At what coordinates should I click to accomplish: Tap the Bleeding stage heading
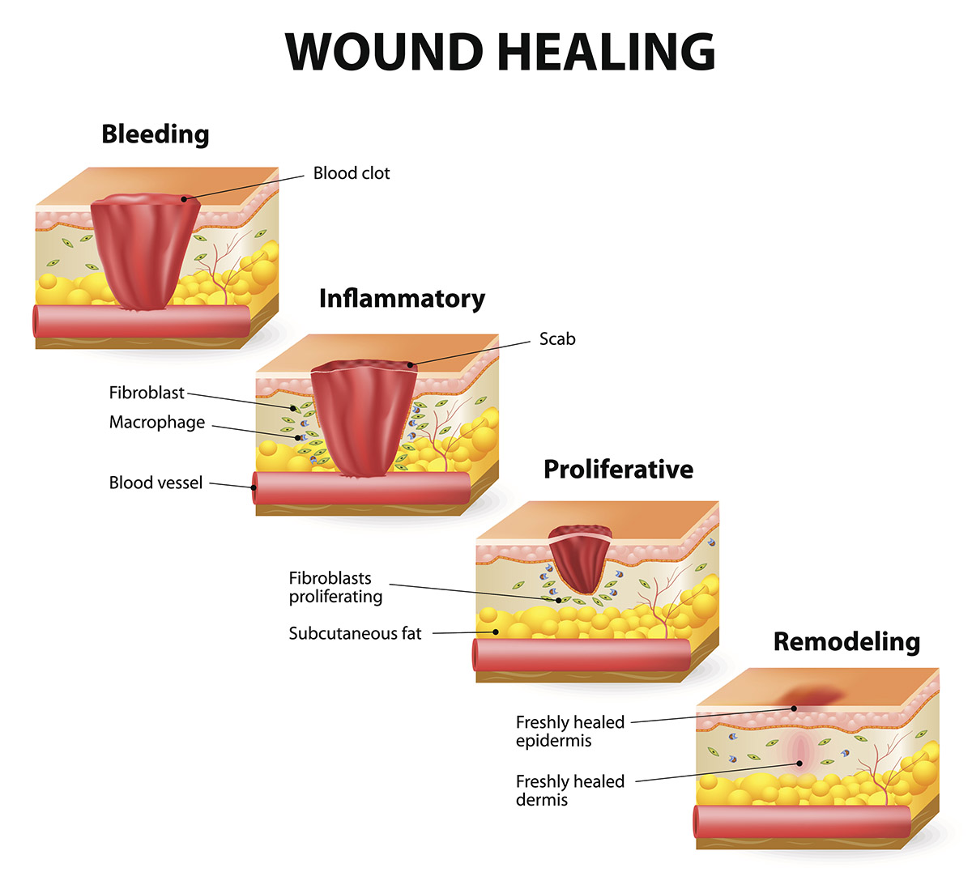pos(155,134)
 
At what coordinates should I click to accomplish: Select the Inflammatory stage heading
pos(402,298)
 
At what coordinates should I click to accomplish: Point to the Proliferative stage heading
pos(618,469)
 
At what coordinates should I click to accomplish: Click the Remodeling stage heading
pos(846,641)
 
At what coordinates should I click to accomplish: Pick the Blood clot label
pos(352,173)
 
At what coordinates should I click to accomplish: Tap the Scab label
pos(557,339)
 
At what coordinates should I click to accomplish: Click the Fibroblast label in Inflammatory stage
pos(147,393)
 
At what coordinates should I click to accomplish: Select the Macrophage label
pos(157,423)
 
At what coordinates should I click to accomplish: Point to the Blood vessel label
pos(156,483)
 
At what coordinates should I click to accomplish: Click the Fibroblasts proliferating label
pos(335,587)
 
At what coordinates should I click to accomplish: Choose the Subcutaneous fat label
pos(355,633)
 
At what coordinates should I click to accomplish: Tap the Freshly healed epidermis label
pos(570,731)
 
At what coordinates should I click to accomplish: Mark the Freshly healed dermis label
pos(570,790)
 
